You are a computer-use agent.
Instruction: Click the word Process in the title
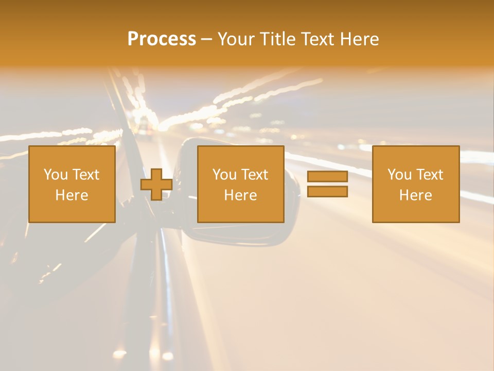[x=162, y=39]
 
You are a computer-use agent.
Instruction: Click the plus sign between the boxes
[x=156, y=184]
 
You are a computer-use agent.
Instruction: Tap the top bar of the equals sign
[x=327, y=177]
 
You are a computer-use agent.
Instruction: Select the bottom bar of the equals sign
[x=327, y=192]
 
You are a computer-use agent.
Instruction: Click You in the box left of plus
[x=56, y=175]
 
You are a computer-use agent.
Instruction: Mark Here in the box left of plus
[x=72, y=195]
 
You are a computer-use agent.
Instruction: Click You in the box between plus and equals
[x=224, y=175]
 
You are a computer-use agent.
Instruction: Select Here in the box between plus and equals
[x=240, y=195]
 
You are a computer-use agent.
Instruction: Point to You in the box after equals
[x=399, y=175]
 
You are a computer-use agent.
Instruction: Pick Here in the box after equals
[x=415, y=195]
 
